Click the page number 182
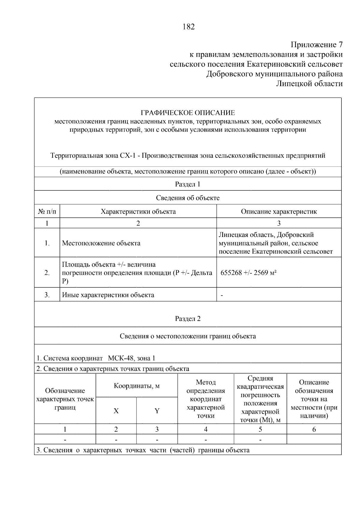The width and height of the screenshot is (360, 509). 188,27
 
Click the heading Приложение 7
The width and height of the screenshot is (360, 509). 316,45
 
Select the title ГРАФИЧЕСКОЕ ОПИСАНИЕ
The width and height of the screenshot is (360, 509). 188,113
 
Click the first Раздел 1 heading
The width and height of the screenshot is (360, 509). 187,184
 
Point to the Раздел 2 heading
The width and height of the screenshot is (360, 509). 187,319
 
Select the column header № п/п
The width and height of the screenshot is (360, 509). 47,211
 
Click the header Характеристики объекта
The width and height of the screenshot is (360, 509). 138,211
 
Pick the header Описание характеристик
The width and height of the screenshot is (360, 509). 279,211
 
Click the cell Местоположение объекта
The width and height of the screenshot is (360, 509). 101,243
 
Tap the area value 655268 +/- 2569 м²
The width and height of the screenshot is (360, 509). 248,273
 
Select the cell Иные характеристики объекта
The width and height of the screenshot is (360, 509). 108,295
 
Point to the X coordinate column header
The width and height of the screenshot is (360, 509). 116,411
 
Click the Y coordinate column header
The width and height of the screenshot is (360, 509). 157,411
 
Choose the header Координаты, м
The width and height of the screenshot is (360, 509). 136,386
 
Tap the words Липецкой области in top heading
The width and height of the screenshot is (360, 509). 309,84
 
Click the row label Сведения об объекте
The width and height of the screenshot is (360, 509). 187,198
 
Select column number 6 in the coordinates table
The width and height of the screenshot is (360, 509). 314,430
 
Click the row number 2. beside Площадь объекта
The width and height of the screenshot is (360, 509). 47,273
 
